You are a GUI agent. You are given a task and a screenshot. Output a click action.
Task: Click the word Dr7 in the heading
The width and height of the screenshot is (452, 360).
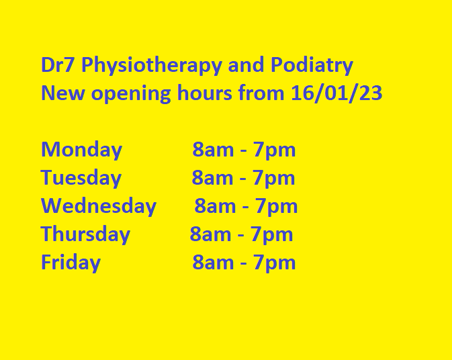pos(58,64)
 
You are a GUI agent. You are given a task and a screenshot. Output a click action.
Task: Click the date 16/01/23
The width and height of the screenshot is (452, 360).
pos(336,93)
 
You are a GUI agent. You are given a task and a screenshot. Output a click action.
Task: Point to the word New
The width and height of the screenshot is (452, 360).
pos(63,93)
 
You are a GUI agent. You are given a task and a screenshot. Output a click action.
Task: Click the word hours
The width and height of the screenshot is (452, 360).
pos(204,92)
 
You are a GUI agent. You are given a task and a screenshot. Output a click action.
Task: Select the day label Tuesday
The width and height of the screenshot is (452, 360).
pos(81,178)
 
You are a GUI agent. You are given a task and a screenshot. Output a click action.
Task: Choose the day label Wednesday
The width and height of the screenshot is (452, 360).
pos(99,206)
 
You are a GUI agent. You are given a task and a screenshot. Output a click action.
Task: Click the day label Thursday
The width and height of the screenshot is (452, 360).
pos(85,234)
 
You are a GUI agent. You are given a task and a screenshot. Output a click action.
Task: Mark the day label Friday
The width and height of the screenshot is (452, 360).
pos(71,263)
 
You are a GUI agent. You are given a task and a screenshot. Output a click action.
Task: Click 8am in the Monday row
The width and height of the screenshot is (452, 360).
pos(213,150)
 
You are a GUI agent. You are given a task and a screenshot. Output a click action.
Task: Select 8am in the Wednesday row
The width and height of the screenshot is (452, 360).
pos(215,206)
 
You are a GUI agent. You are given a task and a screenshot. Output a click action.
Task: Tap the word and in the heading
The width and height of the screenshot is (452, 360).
pos(246,64)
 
